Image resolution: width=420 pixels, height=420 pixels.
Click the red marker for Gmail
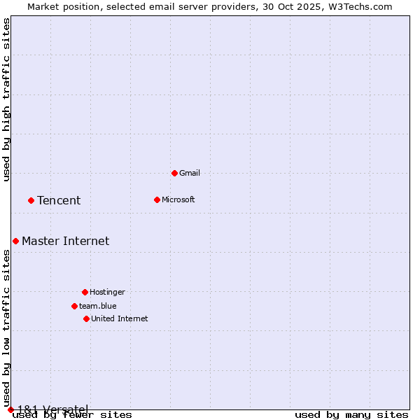click(174, 173)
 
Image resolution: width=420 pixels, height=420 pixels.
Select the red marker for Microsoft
click(157, 199)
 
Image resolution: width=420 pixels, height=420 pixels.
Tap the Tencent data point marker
click(31, 200)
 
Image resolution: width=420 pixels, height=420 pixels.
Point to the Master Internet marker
click(15, 241)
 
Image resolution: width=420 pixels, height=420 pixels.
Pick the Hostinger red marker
click(85, 292)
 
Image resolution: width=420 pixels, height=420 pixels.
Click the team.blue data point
click(74, 306)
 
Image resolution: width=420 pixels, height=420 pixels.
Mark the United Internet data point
click(86, 318)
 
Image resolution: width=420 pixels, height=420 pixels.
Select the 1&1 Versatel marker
click(10, 409)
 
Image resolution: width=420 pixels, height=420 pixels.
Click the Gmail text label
click(190, 173)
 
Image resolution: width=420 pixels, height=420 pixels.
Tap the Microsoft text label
click(178, 199)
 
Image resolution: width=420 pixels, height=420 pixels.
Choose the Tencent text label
click(59, 201)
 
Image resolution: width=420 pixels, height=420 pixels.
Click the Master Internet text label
click(65, 241)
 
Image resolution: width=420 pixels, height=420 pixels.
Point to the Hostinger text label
click(107, 292)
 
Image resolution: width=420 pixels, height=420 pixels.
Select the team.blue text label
click(97, 306)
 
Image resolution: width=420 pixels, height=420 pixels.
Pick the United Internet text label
click(119, 318)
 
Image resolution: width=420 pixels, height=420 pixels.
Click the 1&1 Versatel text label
click(52, 409)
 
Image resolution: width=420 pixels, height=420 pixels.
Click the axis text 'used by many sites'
click(351, 415)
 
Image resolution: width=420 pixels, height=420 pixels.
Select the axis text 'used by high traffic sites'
click(7, 99)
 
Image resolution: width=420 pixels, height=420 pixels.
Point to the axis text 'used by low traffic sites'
click(7, 328)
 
